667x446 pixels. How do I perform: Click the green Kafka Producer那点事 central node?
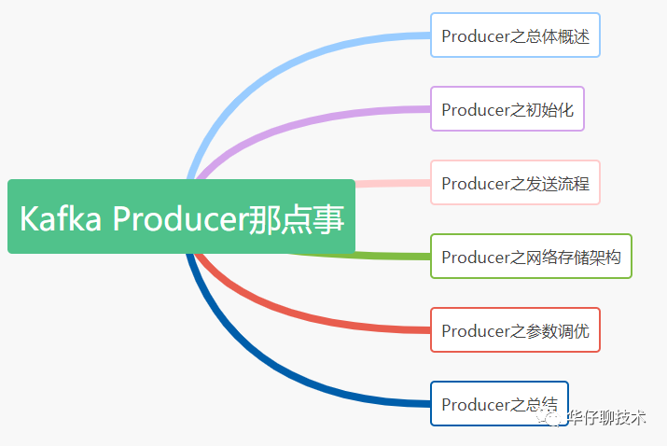point(181,216)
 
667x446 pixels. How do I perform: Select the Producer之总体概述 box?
point(515,35)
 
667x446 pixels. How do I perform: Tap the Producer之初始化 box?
point(507,109)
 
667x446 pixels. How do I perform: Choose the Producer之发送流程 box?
point(515,183)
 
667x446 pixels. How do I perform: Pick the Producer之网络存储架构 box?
point(531,257)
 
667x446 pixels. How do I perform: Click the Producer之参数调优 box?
point(515,330)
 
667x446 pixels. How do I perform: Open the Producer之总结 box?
point(499,404)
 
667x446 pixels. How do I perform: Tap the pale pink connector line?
point(392,183)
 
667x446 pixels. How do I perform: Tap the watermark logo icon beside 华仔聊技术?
point(554,419)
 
